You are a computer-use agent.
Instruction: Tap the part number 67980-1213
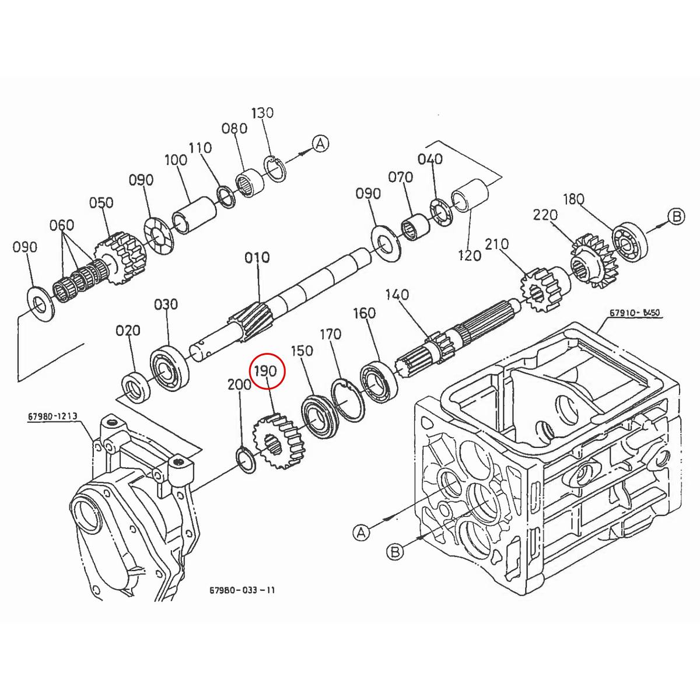point(52,417)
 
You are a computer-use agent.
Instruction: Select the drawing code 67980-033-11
point(242,590)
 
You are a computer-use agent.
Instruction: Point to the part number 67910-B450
point(635,313)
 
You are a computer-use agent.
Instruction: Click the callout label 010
point(257,257)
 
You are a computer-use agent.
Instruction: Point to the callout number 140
point(397,295)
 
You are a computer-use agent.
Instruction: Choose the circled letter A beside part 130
point(321,143)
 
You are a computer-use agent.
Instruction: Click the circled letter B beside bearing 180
point(675,217)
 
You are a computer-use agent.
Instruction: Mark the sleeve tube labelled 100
point(194,215)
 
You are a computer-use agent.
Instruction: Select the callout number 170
point(330,335)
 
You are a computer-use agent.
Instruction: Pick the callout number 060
point(62,225)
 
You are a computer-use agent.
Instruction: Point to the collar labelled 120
point(470,195)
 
